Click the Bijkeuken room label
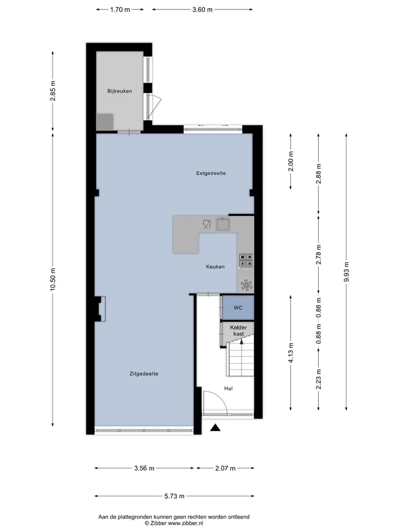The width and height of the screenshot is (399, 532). tap(119, 91)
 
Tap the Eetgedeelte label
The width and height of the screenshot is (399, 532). tap(211, 173)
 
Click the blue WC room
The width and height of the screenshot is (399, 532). tap(237, 308)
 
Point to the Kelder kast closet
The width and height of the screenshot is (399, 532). tap(237, 331)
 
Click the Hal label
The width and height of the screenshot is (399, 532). tap(228, 388)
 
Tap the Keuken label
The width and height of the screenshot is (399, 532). tap(215, 267)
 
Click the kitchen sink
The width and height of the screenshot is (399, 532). tap(223, 224)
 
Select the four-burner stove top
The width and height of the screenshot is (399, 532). tap(245, 260)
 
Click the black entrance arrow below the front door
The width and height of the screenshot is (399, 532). tap(216, 427)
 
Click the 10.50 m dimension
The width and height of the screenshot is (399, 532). tap(53, 279)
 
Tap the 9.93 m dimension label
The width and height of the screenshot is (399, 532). tap(347, 272)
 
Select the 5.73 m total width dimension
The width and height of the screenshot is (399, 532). tap(175, 496)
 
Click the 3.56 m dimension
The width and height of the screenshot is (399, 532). tap(144, 468)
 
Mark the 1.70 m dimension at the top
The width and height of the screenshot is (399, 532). tap(120, 9)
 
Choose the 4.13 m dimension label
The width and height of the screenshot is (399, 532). tap(291, 352)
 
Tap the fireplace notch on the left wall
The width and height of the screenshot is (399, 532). tap(100, 309)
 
